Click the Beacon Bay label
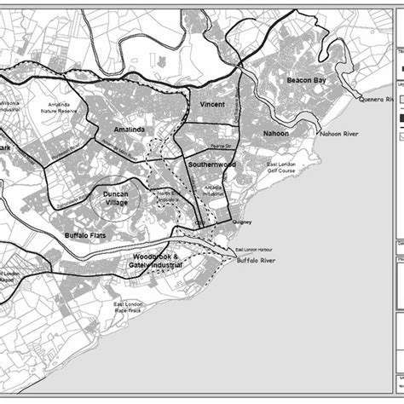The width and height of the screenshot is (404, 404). (308, 79)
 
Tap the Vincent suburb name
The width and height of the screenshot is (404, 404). (212, 104)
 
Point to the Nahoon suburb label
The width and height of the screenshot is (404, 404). (276, 134)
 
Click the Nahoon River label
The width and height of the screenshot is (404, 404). (339, 134)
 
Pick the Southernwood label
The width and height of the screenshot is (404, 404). (212, 164)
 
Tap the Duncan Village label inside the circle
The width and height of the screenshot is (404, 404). (116, 198)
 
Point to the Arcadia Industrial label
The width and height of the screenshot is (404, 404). (213, 188)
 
